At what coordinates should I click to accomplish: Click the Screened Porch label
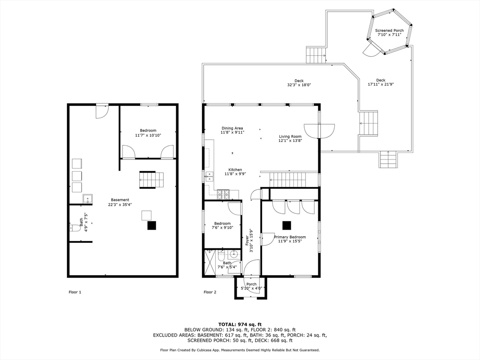pos(390,30)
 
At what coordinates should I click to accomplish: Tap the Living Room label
pos(290,136)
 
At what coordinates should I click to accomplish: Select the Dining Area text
pos(232,128)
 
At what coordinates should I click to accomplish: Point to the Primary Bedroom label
pos(290,237)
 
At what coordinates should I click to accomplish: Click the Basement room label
pos(120,200)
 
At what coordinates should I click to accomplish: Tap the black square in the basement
pos(152,225)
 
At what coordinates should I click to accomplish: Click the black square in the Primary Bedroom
pos(287,225)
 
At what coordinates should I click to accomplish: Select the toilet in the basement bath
pos(75,228)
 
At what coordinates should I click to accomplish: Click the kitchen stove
pos(223,195)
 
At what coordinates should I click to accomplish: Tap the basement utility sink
pos(88,199)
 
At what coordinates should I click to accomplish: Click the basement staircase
pos(151,180)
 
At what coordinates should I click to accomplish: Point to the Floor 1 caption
pos(75,292)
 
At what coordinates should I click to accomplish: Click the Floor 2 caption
pos(210,292)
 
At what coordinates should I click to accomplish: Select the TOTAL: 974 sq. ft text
pos(240,324)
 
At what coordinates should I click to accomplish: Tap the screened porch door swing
pos(371,50)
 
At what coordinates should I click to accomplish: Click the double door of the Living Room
pos(319,131)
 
